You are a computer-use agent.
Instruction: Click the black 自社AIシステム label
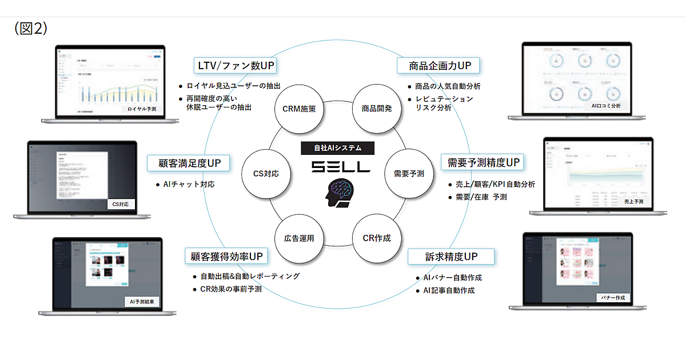coord(338,148)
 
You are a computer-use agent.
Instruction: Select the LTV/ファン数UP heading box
coord(236,66)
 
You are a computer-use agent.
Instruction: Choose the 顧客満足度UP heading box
coord(189,163)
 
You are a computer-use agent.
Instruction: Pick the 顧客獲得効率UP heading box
coord(228,256)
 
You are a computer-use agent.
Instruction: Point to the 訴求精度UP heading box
coord(451,257)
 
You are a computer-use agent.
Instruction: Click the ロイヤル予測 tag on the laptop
coord(141,109)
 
